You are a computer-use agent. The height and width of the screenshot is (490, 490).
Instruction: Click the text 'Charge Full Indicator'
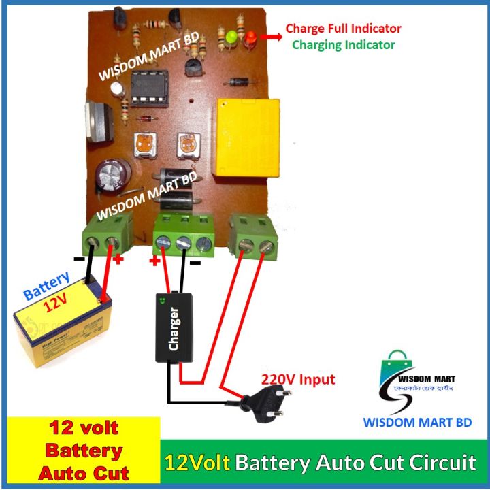pos(343,29)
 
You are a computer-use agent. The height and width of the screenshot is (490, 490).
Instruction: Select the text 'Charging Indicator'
pos(343,45)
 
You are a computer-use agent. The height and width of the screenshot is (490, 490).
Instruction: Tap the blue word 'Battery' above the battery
pos(46,286)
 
